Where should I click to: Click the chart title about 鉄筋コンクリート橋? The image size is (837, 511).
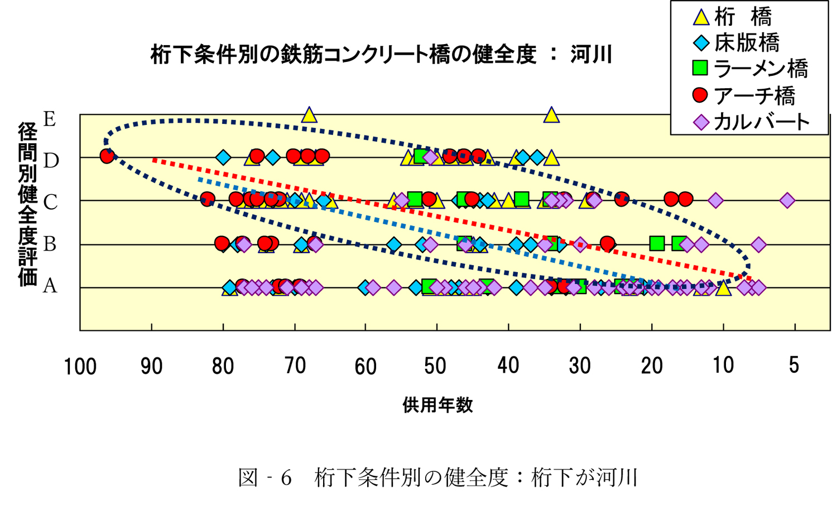pos(382,55)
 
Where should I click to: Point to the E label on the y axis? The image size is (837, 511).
pos(50,119)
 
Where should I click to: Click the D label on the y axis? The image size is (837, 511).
pos(51,161)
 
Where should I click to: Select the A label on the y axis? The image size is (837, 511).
pos(50,286)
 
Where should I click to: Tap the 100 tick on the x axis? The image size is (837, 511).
pos(80,367)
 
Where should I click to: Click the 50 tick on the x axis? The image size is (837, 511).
pos(436,367)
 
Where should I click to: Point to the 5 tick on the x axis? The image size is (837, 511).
pos(793,366)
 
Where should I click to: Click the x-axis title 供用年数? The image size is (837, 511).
pos(437,405)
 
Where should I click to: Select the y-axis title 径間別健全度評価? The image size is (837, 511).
pos(27,204)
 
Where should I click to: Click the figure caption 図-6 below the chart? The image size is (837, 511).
pos(437,478)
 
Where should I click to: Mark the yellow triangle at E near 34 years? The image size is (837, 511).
pos(551,115)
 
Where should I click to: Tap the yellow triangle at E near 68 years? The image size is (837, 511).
pos(309,115)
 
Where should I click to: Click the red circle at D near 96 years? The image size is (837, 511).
pos(107,156)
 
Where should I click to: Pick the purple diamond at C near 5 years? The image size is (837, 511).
pos(787,200)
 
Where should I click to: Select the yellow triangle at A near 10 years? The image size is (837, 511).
pos(723,288)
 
